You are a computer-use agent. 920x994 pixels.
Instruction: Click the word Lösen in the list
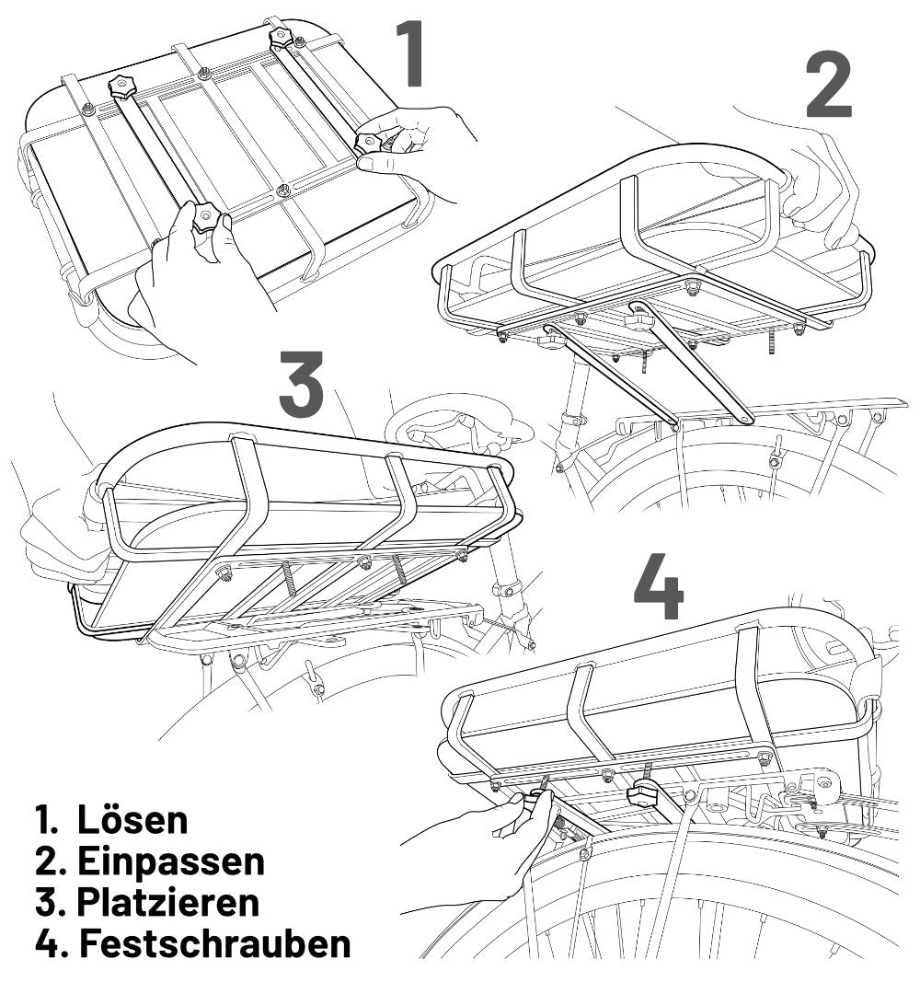[x=132, y=818]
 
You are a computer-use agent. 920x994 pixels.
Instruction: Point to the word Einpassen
[x=171, y=861]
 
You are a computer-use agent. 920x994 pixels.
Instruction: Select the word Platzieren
[x=168, y=902]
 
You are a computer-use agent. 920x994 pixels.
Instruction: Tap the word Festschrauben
[x=214, y=944]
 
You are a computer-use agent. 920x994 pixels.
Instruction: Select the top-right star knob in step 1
[x=282, y=37]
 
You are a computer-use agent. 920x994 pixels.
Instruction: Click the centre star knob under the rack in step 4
[x=644, y=793]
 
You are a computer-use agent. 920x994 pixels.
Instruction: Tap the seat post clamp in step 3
[x=505, y=586]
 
